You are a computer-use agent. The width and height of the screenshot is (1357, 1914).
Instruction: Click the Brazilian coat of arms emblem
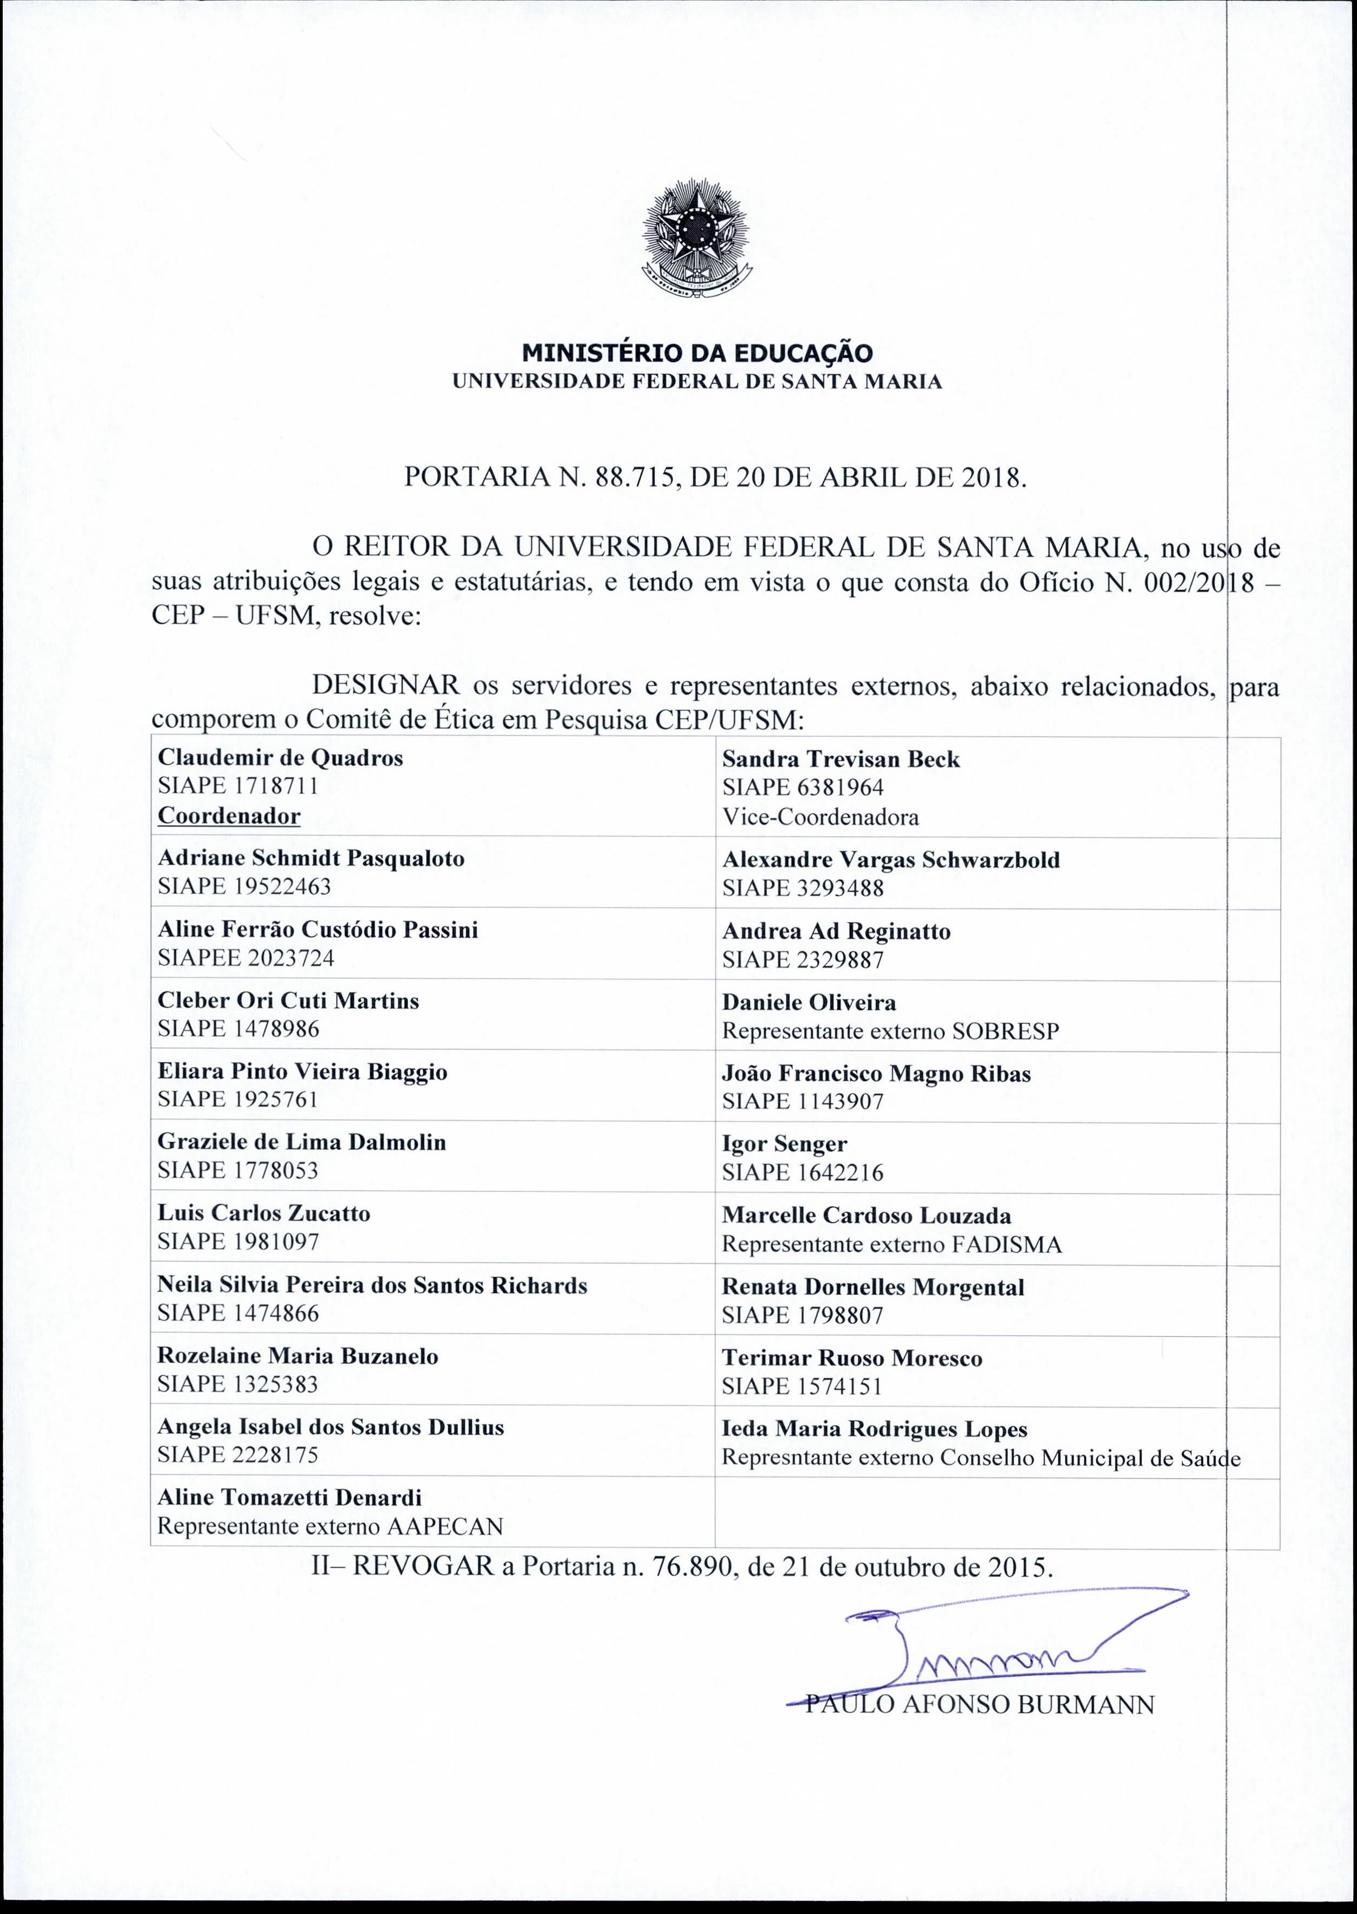pyautogui.click(x=697, y=242)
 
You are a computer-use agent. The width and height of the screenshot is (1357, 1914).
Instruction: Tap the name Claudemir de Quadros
pyautogui.click(x=280, y=758)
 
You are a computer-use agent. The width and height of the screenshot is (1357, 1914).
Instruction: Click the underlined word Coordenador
pyautogui.click(x=229, y=816)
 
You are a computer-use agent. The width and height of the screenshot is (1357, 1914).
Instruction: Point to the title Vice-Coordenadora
pyautogui.click(x=820, y=816)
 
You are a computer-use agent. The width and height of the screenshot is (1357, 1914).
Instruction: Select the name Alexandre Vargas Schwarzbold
pyautogui.click(x=891, y=860)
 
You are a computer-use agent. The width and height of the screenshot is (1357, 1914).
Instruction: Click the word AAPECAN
pyautogui.click(x=445, y=1527)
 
